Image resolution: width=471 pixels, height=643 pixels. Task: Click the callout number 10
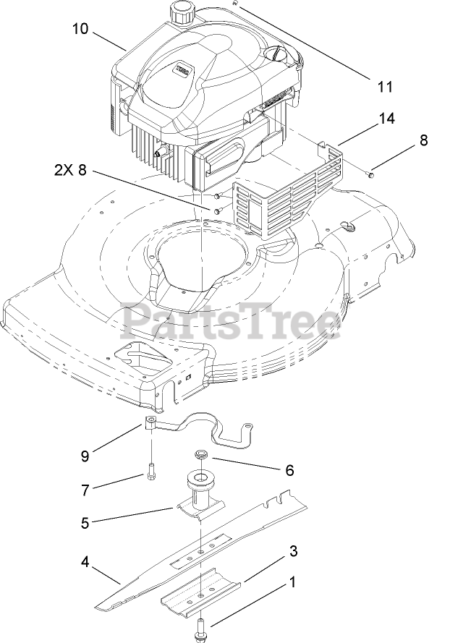click(80, 29)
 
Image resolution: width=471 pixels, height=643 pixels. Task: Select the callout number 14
click(387, 119)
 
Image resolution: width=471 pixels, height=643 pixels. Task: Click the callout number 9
click(85, 456)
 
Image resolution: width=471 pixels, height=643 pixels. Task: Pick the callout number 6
click(289, 470)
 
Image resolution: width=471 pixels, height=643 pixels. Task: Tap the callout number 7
click(85, 490)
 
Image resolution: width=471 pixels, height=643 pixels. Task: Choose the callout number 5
click(85, 523)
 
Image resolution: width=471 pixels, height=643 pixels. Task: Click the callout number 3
click(292, 552)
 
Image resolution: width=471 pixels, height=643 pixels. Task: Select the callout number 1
click(292, 581)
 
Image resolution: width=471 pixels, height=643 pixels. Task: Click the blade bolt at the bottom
click(199, 629)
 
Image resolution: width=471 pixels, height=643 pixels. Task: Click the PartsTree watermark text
click(231, 321)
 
